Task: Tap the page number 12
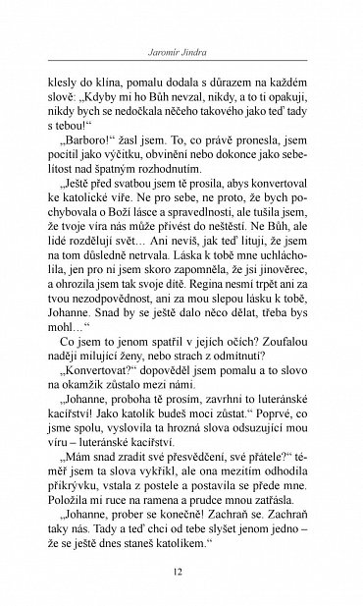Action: [x=181, y=574]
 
